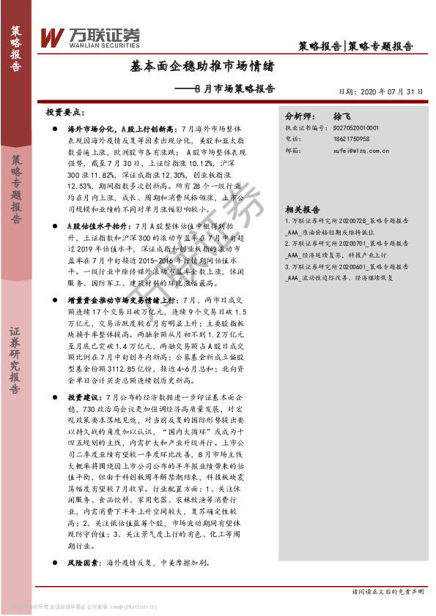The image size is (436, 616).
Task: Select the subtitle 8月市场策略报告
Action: [x=237, y=89]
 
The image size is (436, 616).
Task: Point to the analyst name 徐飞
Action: [x=342, y=116]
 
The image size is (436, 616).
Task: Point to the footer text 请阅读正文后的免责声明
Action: [x=388, y=591]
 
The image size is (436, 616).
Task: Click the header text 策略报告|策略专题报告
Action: [x=356, y=45]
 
